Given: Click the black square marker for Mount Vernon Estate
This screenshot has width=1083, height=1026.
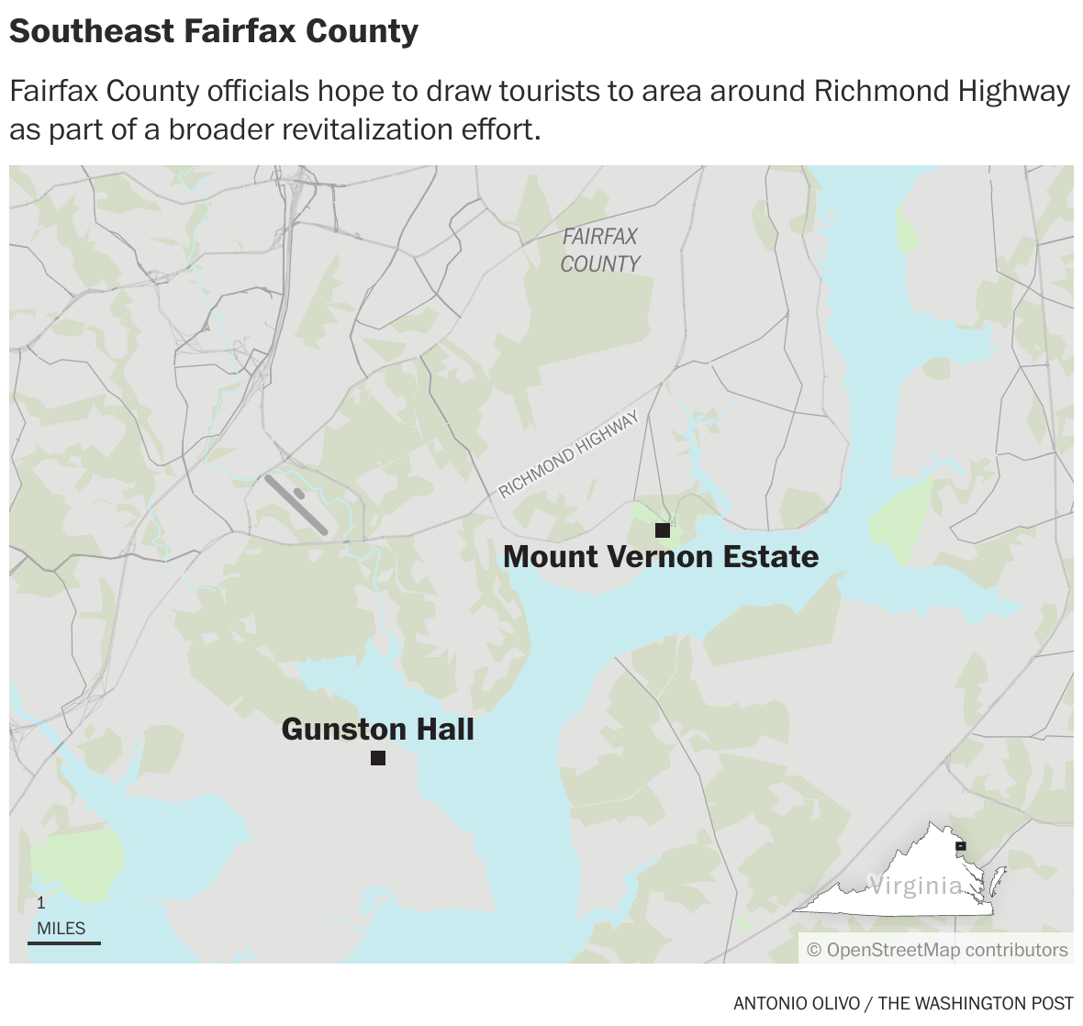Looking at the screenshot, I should click(662, 530).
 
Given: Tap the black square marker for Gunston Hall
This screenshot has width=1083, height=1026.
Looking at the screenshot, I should click(377, 758).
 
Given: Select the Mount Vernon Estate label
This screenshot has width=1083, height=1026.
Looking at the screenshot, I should click(661, 557).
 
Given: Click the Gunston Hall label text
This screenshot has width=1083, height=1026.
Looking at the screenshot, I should click(377, 730).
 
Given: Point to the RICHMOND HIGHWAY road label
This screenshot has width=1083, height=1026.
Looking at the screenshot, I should click(569, 455).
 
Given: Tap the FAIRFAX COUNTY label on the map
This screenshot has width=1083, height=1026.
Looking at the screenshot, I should click(600, 251).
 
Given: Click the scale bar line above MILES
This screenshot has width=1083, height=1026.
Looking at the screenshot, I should click(63, 942).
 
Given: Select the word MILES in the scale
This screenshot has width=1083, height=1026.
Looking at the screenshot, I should click(61, 928).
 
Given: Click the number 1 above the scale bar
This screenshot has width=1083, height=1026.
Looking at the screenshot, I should click(41, 903).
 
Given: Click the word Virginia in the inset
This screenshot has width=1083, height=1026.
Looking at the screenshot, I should click(915, 886).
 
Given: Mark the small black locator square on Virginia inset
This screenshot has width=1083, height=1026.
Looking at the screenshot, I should click(961, 846).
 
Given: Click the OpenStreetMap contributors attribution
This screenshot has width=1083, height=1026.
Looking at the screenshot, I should click(937, 950).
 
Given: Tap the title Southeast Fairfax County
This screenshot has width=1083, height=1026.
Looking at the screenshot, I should click(213, 31).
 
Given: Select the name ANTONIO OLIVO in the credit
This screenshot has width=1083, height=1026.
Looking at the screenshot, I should click(797, 1003).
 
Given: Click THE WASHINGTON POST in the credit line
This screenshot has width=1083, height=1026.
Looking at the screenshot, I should click(976, 1003).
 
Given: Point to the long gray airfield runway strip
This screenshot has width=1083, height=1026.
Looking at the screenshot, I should click(296, 505).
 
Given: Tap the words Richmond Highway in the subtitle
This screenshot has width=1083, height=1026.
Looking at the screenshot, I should click(942, 91).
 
